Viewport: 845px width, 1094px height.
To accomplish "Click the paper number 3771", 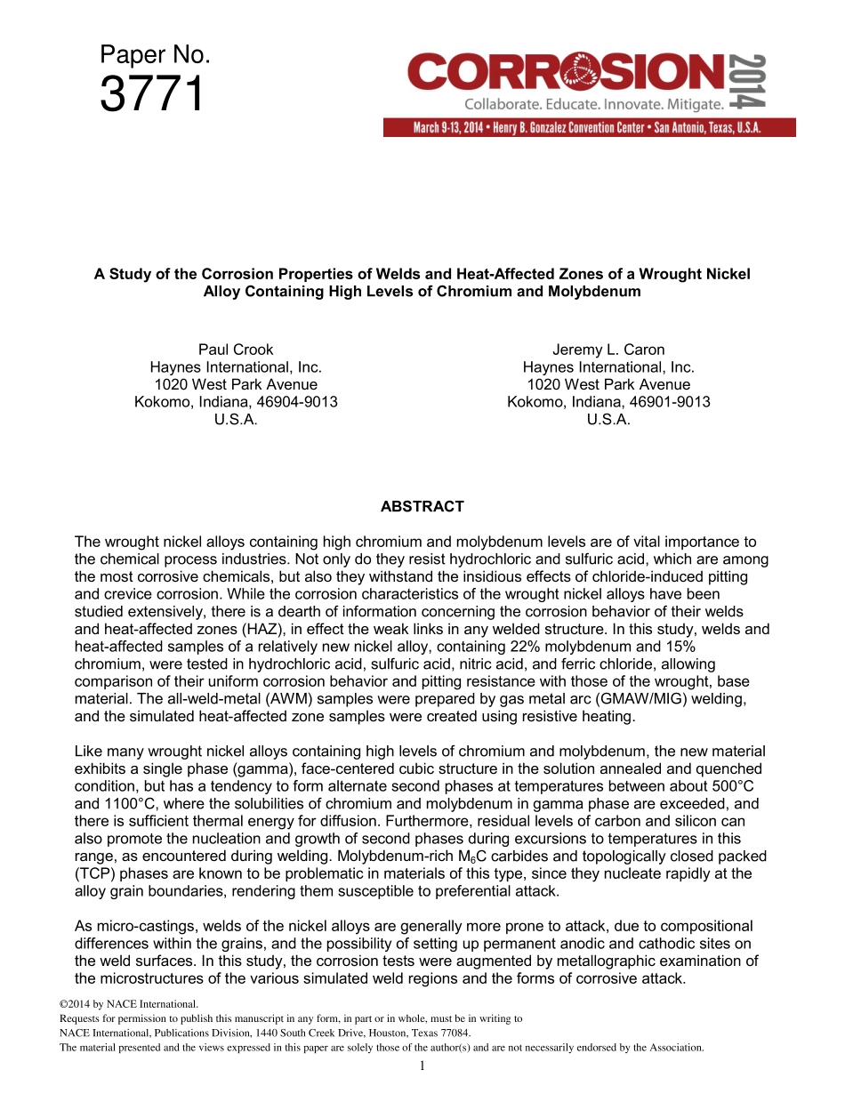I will (x=152, y=95).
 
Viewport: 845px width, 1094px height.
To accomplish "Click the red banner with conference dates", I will (x=589, y=128).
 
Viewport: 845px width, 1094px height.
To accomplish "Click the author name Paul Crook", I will (x=236, y=350).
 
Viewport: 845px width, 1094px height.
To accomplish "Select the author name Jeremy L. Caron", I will (x=608, y=350).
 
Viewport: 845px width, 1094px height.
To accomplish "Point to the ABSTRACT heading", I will (x=422, y=507).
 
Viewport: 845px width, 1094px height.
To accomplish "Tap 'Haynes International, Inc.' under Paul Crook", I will (x=236, y=367).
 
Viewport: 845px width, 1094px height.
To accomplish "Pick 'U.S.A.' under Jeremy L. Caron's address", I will (x=608, y=420).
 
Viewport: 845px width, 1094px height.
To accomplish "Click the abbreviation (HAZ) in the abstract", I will (x=257, y=628).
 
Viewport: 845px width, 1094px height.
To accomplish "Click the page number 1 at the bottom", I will (x=422, y=1066).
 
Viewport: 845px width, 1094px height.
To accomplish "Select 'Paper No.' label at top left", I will (x=155, y=55).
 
